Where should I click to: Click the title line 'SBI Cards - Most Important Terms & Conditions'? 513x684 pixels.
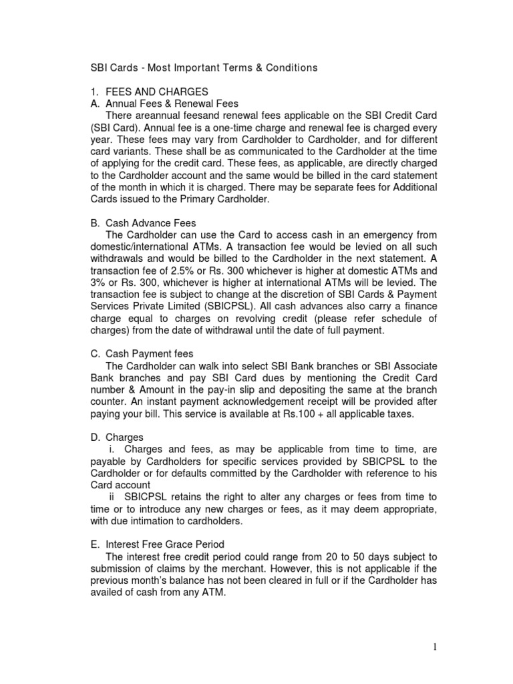(204, 67)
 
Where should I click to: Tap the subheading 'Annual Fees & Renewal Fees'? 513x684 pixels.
(172, 104)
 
